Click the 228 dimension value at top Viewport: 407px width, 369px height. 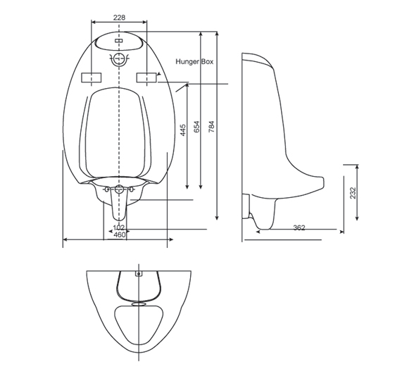click(120, 18)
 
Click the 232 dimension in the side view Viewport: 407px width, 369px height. click(353, 192)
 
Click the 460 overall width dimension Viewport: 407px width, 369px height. click(119, 234)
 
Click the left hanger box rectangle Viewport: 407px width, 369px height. click(92, 77)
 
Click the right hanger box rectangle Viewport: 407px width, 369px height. click(146, 77)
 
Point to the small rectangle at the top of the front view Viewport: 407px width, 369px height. click(119, 41)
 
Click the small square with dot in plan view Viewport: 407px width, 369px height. click(138, 273)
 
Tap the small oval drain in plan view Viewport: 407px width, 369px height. click(139, 304)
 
